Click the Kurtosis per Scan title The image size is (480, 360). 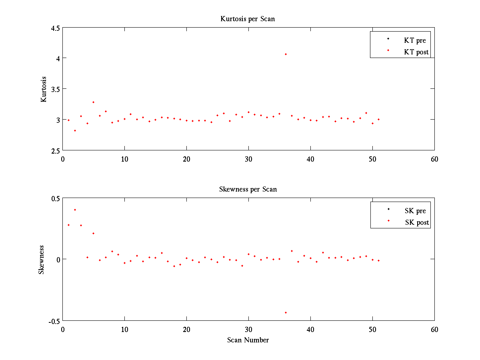tap(248, 19)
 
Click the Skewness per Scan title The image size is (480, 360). tap(248, 189)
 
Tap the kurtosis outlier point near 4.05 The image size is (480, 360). tap(286, 54)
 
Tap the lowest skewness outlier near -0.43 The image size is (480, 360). tap(286, 312)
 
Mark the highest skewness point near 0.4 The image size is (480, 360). tap(75, 210)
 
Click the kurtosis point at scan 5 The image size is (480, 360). tap(93, 102)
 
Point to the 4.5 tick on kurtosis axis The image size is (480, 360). tap(56, 28)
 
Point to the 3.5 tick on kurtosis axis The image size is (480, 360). tap(56, 89)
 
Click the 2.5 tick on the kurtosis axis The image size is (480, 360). tap(56, 150)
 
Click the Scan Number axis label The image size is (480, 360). tap(248, 340)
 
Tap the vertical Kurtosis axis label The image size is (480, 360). tap(44, 89)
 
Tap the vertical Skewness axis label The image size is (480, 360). tap(42, 260)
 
